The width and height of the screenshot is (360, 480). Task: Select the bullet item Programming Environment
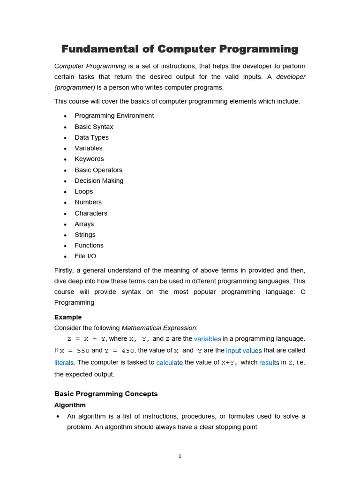[x=114, y=116]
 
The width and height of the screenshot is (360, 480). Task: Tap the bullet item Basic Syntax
[x=94, y=127]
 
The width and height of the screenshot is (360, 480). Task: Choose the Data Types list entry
[x=91, y=137]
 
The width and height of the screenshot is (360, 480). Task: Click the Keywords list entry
[x=89, y=159]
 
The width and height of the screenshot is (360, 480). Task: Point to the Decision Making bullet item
[x=99, y=180]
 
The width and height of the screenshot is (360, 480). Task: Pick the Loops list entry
[x=84, y=191]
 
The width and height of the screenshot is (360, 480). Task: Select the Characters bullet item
[x=91, y=213]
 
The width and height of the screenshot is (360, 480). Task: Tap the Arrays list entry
[x=84, y=224]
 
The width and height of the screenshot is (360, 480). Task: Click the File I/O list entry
[x=85, y=256]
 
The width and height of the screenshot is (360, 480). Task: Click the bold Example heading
[x=68, y=317]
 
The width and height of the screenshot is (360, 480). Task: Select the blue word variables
[x=208, y=339]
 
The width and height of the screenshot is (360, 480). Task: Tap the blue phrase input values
[x=244, y=351]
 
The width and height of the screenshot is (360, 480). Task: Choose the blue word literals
[x=64, y=363]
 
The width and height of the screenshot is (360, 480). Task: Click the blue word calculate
[x=169, y=363]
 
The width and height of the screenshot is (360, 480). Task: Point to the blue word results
[x=269, y=363]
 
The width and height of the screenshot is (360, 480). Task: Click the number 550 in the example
[x=83, y=351]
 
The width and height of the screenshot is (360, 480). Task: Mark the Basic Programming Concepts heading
[x=106, y=394]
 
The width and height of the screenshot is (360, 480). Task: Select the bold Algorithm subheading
[x=70, y=405]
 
